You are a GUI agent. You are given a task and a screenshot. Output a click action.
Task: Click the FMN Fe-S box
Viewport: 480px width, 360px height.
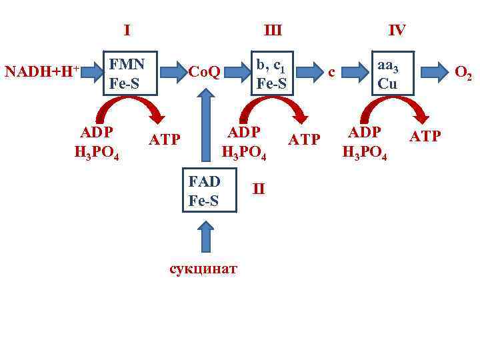pyautogui.click(x=128, y=73)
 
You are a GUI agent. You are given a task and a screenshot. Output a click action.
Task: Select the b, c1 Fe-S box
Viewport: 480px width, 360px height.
pyautogui.click(x=271, y=73)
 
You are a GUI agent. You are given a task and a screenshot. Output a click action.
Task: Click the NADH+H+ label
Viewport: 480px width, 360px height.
pyautogui.click(x=42, y=71)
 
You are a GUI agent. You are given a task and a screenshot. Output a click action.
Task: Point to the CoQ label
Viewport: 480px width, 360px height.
pyautogui.click(x=205, y=71)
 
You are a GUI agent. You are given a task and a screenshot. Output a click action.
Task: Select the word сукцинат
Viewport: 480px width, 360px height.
pyautogui.click(x=203, y=269)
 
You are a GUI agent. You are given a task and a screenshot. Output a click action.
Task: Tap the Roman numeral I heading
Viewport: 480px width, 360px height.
pyautogui.click(x=127, y=30)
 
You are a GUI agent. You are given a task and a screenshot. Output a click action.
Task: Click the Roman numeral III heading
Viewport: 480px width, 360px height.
pyautogui.click(x=273, y=30)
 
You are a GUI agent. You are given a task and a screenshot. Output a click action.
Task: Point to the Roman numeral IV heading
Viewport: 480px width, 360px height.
pyautogui.click(x=397, y=30)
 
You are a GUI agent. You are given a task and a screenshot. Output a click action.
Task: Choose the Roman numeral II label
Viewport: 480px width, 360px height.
pyautogui.click(x=259, y=189)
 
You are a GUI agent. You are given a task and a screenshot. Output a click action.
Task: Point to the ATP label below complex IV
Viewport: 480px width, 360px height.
pyautogui.click(x=425, y=137)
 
